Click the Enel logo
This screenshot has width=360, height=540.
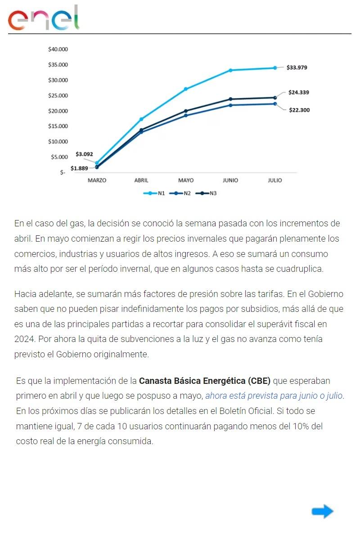pos(43,18)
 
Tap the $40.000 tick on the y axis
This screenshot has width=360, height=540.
pos(58,49)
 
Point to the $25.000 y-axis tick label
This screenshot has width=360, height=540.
pos(58,95)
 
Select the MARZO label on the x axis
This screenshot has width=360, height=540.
pos(97,180)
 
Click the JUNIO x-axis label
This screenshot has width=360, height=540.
pos(230,180)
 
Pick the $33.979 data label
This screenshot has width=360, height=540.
pos(297,67)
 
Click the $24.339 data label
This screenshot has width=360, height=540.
pos(299,92)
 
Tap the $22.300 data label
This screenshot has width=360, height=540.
pos(299,110)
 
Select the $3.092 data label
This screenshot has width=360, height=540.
pos(84,154)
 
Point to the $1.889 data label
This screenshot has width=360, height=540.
pos(79,169)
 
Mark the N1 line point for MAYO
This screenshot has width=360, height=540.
pos(186,89)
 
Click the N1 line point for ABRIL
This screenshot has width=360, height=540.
pos(141,119)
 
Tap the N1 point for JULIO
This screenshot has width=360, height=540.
pos(275,68)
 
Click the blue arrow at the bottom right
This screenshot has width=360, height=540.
pos(322,512)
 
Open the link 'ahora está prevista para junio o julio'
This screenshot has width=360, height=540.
pos(274,396)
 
